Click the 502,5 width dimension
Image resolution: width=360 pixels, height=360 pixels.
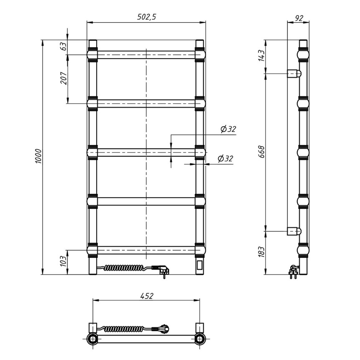[x=146, y=17]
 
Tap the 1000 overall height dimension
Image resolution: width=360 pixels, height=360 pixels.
[x=38, y=156]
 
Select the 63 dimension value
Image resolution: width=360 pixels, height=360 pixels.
[x=64, y=46]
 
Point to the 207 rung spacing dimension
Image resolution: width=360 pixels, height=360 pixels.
[x=64, y=78]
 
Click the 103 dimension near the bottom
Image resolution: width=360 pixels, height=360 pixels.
[x=64, y=261]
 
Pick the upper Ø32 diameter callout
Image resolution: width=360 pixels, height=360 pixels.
[x=228, y=129]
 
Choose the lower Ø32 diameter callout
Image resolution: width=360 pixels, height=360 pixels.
[x=225, y=158]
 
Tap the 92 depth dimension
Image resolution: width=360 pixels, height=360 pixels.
[x=299, y=18]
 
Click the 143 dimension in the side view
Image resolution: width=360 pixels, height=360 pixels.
[x=261, y=55]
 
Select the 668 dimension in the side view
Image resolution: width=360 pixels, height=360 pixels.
[x=261, y=152]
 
